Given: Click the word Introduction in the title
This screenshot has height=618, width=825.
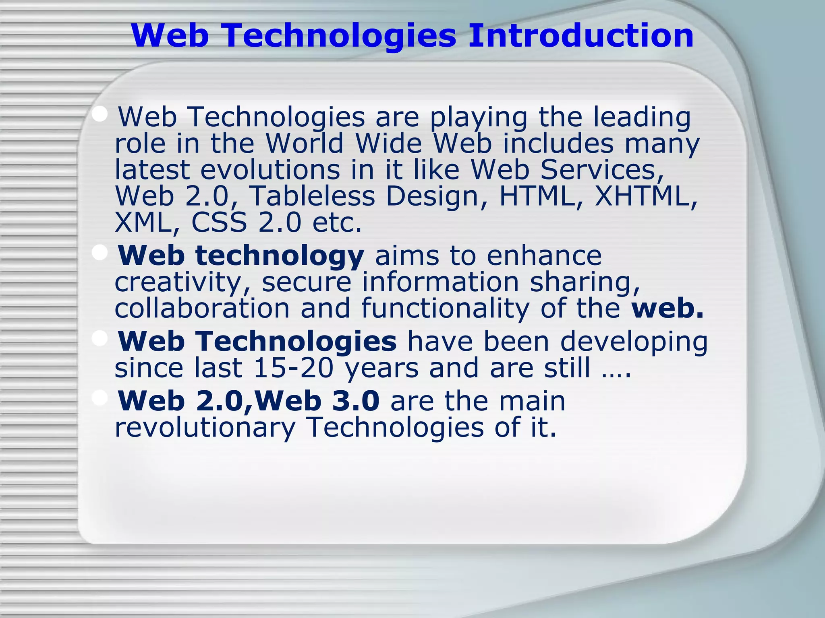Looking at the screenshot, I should point(580,35).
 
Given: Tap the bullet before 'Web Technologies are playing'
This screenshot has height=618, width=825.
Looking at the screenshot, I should point(99,114).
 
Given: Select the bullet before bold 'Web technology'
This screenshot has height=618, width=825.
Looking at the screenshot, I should point(99,253).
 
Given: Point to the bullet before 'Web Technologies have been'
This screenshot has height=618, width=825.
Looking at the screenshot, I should point(99,338).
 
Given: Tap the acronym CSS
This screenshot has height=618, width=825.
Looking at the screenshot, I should point(219,222).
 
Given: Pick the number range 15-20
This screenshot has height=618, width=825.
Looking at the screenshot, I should point(294,368).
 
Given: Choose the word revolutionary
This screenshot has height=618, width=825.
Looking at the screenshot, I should point(205,427).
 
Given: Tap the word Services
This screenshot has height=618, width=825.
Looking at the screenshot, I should point(602,170).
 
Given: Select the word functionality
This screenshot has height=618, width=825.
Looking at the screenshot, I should point(445,309).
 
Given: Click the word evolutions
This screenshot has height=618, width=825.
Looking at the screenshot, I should point(270,170).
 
